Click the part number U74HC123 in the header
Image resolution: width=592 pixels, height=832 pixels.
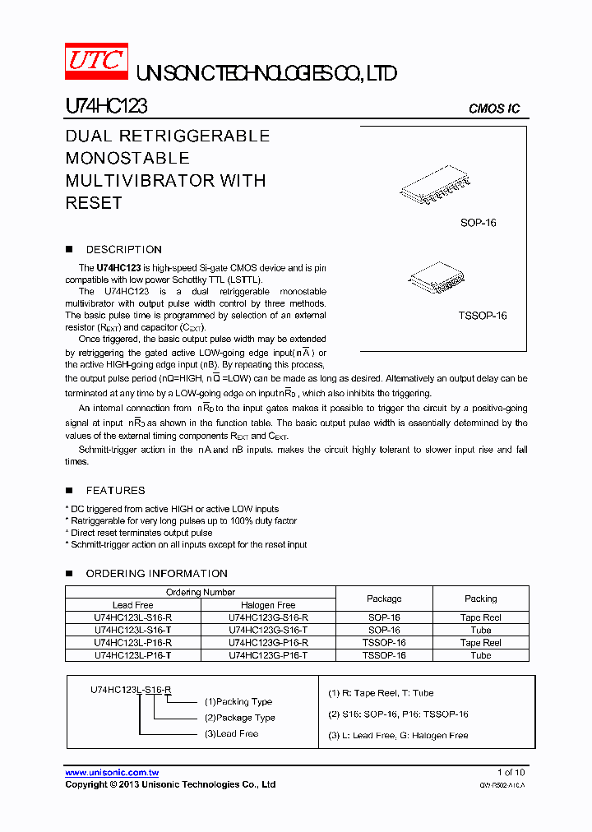click(x=106, y=107)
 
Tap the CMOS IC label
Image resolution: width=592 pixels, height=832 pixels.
click(x=493, y=109)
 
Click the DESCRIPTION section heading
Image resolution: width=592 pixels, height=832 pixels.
click(x=123, y=249)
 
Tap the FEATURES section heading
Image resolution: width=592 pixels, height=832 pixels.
click(x=115, y=490)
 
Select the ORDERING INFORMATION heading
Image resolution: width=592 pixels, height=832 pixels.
click(x=156, y=573)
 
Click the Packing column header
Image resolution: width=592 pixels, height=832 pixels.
click(x=480, y=599)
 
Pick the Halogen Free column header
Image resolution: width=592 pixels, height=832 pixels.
click(x=268, y=605)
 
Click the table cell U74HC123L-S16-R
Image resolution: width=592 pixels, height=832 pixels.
click(x=133, y=617)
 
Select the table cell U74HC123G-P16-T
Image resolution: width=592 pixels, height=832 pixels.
click(x=268, y=655)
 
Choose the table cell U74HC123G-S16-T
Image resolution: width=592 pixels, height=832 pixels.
click(x=268, y=630)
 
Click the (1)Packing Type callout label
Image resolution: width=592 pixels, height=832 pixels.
click(x=238, y=701)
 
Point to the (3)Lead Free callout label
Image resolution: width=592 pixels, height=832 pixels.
click(x=231, y=733)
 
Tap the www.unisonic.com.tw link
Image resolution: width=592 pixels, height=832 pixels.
click(x=112, y=772)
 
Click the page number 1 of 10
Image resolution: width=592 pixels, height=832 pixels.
click(x=511, y=772)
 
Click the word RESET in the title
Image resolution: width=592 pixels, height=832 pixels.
click(x=94, y=202)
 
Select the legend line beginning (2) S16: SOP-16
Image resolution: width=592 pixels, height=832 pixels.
click(x=398, y=714)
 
